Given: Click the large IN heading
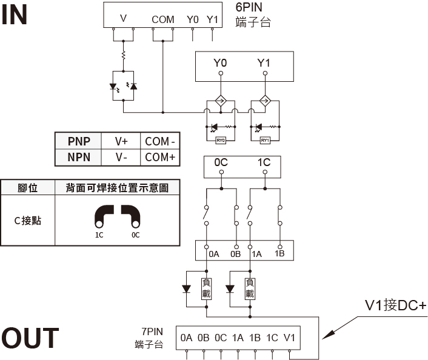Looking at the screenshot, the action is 14,15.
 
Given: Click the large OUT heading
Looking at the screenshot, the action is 30,338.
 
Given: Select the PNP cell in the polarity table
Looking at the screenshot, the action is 79,141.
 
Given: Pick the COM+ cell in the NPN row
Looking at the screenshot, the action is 160,157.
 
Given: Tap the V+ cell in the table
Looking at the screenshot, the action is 121,141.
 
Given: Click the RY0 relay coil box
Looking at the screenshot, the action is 221,140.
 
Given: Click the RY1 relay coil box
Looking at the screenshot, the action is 265,140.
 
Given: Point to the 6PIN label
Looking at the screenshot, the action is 249,7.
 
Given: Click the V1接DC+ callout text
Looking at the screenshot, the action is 395,305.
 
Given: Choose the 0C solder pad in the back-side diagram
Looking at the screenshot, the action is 132,216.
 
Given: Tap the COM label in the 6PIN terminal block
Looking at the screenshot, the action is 163,19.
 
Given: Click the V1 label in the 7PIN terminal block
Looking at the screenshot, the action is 289,338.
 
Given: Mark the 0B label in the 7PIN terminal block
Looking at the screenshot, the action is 203,338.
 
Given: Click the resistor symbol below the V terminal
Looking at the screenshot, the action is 124,55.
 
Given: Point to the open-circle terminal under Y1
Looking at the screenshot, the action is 265,73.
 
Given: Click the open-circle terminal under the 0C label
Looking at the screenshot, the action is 221,172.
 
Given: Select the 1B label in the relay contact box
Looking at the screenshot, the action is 279,253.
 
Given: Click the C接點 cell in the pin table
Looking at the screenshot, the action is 27,221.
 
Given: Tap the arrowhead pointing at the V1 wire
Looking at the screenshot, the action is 329,335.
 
